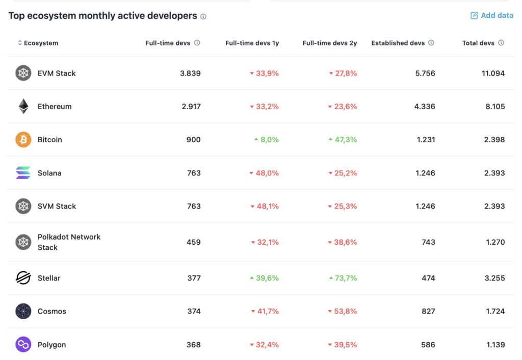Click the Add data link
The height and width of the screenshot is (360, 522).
(492, 15)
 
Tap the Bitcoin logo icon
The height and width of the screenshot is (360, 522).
(23, 140)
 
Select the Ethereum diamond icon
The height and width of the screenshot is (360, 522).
(23, 106)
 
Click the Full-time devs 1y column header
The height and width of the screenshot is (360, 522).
(252, 43)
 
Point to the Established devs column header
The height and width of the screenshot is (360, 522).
(398, 43)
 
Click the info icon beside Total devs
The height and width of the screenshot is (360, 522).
(501, 43)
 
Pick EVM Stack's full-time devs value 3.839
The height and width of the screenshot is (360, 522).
(190, 73)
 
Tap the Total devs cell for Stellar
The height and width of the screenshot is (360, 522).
(494, 278)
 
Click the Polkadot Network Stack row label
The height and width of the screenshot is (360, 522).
(69, 242)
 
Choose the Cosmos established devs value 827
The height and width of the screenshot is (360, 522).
(428, 312)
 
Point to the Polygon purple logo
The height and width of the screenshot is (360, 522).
(23, 344)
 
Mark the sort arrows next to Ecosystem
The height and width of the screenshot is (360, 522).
(20, 43)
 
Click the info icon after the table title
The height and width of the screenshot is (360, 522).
(203, 16)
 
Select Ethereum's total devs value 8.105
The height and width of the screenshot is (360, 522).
(495, 107)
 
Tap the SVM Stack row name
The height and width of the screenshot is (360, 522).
(57, 207)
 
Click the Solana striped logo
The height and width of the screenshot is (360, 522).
(23, 173)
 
